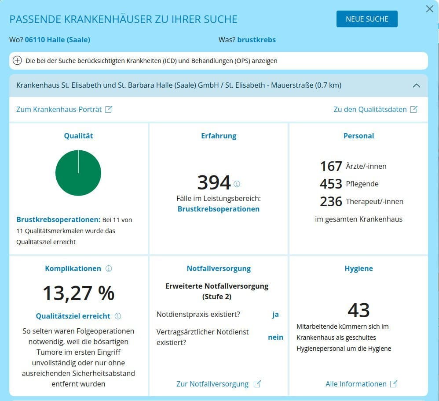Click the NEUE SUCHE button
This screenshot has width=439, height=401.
pyautogui.click(x=367, y=19)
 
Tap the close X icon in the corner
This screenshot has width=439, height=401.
pyautogui.click(x=430, y=9)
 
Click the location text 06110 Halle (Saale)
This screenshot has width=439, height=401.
pyautogui.click(x=57, y=40)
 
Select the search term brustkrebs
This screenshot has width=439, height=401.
pyautogui.click(x=256, y=40)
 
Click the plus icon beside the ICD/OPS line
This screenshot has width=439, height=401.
pyautogui.click(x=18, y=61)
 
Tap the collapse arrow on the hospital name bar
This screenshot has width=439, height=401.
pyautogui.click(x=416, y=85)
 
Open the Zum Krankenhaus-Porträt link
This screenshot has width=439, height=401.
pyautogui.click(x=64, y=109)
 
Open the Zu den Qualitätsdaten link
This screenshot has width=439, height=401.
pyautogui.click(x=375, y=109)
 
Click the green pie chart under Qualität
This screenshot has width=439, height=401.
pyautogui.click(x=78, y=173)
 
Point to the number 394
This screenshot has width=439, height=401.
pyautogui.click(x=214, y=182)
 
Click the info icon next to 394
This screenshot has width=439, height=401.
pyautogui.click(x=237, y=184)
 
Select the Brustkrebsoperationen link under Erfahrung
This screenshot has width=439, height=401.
pyautogui.click(x=219, y=209)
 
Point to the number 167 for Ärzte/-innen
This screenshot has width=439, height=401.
pyautogui.click(x=331, y=166)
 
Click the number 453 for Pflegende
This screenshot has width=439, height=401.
pyautogui.click(x=331, y=184)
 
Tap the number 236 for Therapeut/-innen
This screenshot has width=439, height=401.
pyautogui.click(x=331, y=201)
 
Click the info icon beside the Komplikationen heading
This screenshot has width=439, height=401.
pyautogui.click(x=109, y=268)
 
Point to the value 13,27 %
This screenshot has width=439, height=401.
pyautogui.click(x=78, y=293)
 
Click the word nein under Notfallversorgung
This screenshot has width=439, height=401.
pyautogui.click(x=275, y=337)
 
